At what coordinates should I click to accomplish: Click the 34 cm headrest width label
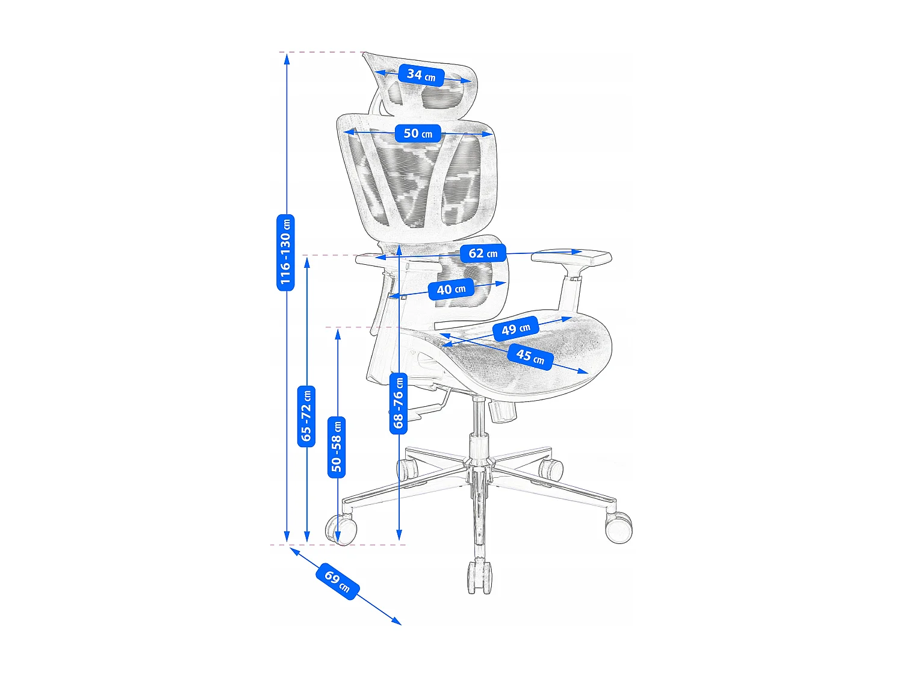[x=421, y=75]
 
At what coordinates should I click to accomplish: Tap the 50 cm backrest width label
[x=418, y=133]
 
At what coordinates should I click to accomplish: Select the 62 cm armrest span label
[x=483, y=253]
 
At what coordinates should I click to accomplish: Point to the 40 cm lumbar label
[x=451, y=289]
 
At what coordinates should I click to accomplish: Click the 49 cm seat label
[x=515, y=329]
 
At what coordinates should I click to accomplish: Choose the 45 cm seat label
[x=530, y=357]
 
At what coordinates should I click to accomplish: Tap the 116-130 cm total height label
[x=285, y=252]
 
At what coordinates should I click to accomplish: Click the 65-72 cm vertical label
[x=306, y=416]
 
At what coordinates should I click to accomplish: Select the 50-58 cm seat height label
[x=336, y=447]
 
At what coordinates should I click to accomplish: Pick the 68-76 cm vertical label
[x=399, y=403]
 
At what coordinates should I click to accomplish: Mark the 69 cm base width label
[x=337, y=581]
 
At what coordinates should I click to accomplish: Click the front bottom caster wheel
[x=479, y=577]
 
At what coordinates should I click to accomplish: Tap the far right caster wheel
[x=619, y=527]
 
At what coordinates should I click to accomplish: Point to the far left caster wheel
[x=341, y=530]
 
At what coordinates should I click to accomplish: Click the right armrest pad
[x=571, y=257]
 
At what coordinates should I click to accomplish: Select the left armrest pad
[x=398, y=262]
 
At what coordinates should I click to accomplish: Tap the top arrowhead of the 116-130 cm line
[x=287, y=59]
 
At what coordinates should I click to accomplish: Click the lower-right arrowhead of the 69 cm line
[x=397, y=622]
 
